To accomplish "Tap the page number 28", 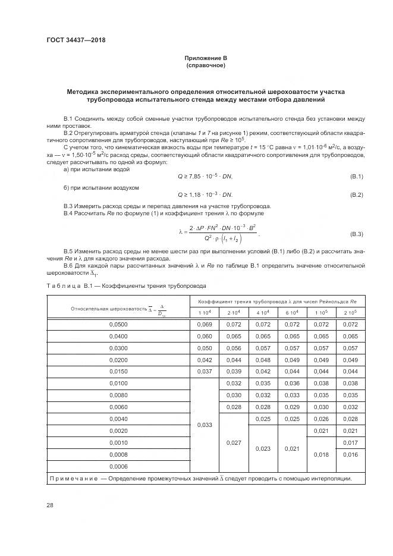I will click(x=50, y=505).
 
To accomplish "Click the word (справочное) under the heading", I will click(x=205, y=65).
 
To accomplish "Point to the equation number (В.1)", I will click(x=356, y=177).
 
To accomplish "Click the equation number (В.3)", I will click(x=356, y=234).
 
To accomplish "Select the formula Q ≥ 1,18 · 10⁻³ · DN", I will click(x=205, y=195).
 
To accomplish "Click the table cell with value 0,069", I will click(x=203, y=325).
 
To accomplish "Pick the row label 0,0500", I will click(x=118, y=325).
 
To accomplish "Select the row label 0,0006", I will click(x=118, y=466).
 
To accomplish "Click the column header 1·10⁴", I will click(x=203, y=312).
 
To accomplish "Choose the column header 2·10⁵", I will click(x=351, y=312).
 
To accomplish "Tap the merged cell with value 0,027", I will click(x=233, y=442).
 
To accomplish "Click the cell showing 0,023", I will click(x=262, y=448).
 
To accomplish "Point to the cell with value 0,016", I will click(x=351, y=454).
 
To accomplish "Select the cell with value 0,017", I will click(x=351, y=442).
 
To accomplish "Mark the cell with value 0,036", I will click(x=292, y=384).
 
